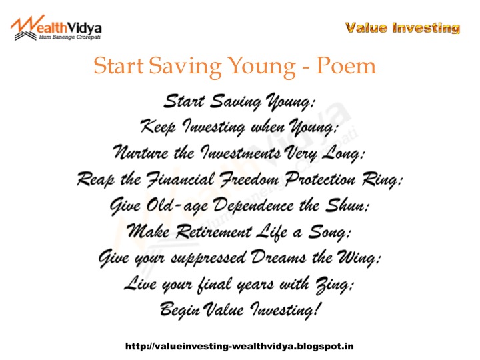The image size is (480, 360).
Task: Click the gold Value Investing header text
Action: (x=403, y=28)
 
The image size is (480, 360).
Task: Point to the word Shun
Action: (x=349, y=205)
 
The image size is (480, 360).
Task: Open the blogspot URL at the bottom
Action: (x=239, y=346)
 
